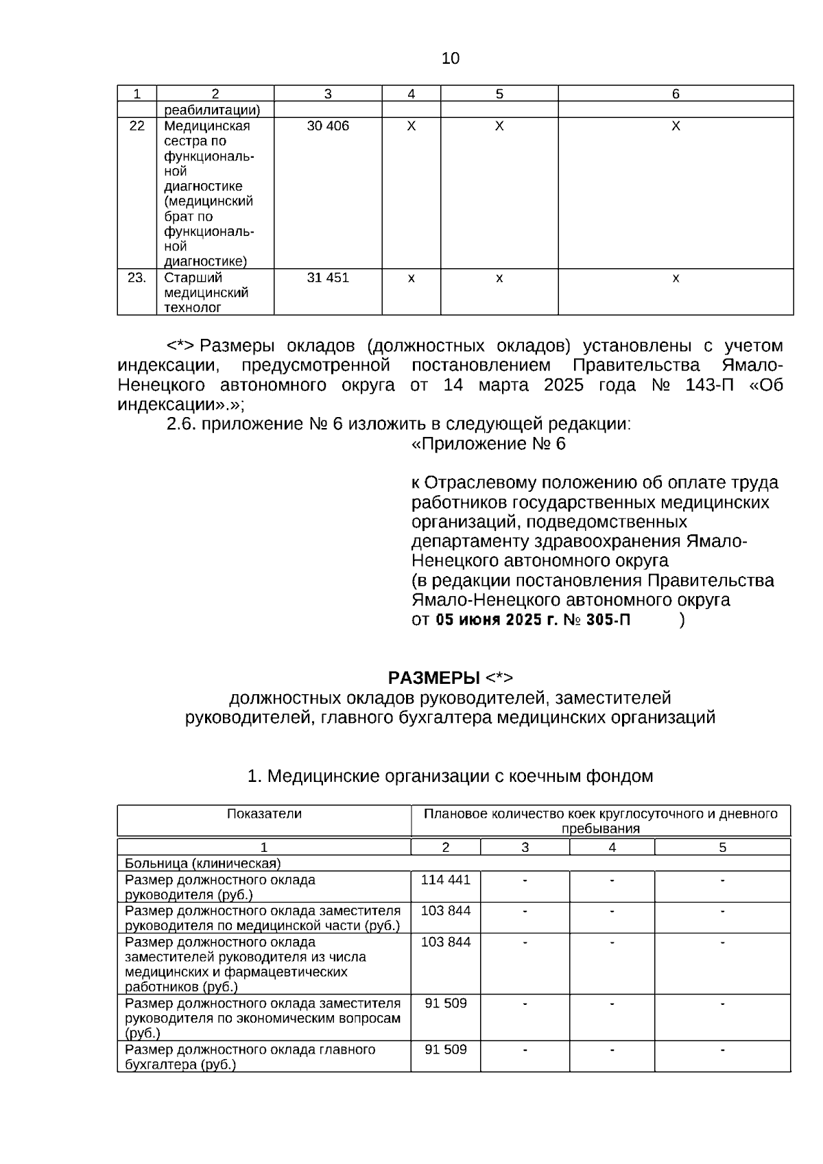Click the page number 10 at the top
click(x=451, y=58)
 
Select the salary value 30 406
click(x=328, y=126)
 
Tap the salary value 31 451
click(x=328, y=278)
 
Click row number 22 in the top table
click(x=137, y=126)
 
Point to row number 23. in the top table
click(x=137, y=278)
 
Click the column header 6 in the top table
click(x=676, y=94)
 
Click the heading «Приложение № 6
click(x=488, y=444)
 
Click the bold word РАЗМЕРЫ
click(x=434, y=678)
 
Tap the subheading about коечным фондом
click(x=450, y=776)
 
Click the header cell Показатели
click(x=264, y=814)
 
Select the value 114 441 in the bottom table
click(x=446, y=880)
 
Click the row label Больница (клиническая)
click(x=203, y=863)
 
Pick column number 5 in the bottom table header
click(x=722, y=847)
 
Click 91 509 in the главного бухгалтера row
click(x=446, y=1049)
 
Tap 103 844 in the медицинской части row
click(x=446, y=911)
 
